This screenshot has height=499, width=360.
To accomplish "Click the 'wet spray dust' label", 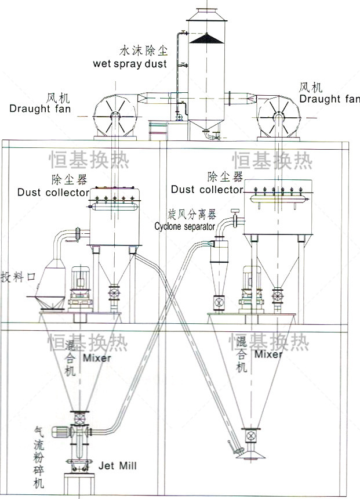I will click(129, 63).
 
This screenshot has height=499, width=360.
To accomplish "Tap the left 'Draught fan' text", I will click(40, 108).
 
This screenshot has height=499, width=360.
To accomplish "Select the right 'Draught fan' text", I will click(329, 99).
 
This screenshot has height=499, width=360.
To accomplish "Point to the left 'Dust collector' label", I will click(53, 192).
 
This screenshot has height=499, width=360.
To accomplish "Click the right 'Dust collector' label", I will click(207, 189).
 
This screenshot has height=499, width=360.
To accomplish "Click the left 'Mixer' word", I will click(96, 358).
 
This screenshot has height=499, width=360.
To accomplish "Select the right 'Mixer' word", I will click(268, 354).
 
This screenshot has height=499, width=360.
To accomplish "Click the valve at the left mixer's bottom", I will click(79, 418).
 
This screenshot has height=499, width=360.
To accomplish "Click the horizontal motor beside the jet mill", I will click(60, 432).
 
